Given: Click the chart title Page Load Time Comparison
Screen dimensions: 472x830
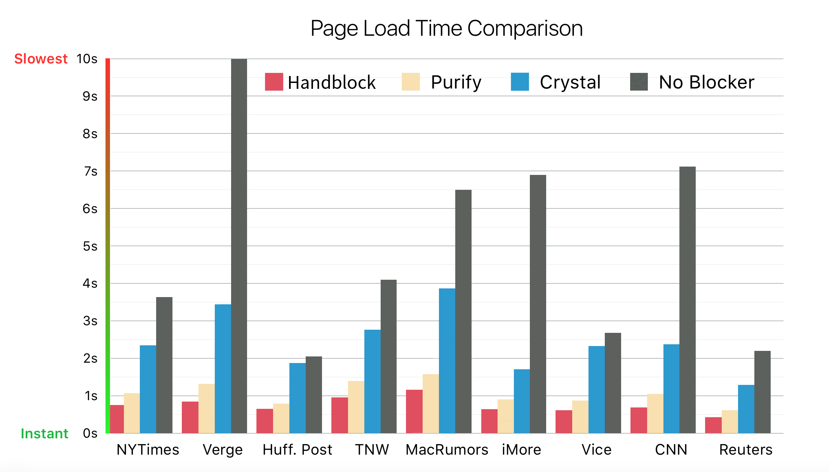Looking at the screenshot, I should click(447, 28).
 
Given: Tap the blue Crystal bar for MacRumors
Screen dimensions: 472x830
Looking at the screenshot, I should click(447, 361).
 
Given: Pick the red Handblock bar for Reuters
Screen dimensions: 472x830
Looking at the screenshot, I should click(713, 425).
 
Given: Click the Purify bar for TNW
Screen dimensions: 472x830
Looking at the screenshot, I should click(356, 407).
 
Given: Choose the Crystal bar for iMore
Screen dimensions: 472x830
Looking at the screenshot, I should click(522, 401).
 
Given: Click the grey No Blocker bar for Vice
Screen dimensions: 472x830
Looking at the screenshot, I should click(613, 383).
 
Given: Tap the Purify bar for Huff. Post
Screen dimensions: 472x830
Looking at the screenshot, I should click(281, 418).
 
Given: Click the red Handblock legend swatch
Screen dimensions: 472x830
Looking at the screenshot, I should click(274, 82).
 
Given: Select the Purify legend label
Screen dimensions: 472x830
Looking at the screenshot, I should click(456, 82).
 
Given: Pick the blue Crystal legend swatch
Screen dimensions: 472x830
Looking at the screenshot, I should click(520, 82).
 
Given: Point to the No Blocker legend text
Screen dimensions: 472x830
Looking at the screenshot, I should click(706, 82).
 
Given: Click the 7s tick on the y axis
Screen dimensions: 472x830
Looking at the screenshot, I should click(91, 171).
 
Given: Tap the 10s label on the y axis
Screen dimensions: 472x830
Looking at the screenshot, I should click(87, 59).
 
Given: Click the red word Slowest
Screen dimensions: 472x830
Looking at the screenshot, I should click(41, 59).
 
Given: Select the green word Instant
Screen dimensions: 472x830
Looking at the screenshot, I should click(44, 433).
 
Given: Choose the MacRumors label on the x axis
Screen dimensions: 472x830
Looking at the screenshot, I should click(447, 450).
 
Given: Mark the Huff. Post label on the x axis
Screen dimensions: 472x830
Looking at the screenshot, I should click(297, 450).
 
